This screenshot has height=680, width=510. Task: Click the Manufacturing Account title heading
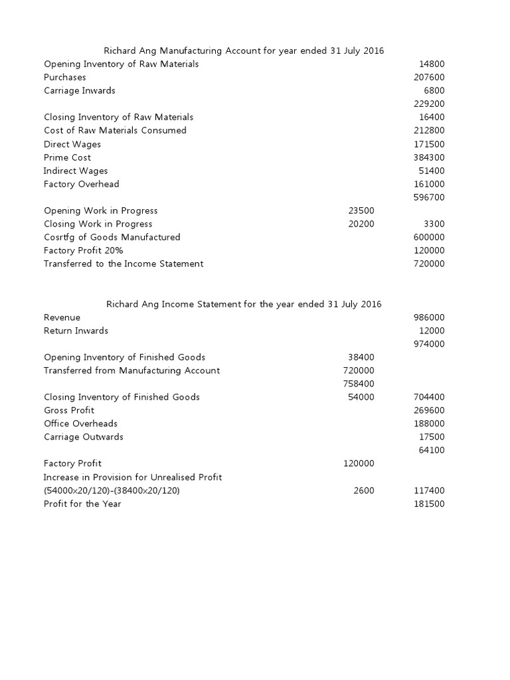click(x=244, y=50)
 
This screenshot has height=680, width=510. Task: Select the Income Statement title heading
click(x=244, y=304)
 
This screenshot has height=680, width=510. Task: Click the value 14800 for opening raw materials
click(x=432, y=64)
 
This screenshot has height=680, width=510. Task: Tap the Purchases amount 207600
click(x=429, y=78)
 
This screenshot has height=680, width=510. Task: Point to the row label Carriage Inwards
click(x=80, y=91)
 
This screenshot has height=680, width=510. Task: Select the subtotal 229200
click(x=429, y=104)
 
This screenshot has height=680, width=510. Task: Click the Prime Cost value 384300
click(x=429, y=158)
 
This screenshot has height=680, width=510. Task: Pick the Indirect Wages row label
click(x=76, y=171)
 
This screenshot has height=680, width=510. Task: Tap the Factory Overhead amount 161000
click(x=429, y=185)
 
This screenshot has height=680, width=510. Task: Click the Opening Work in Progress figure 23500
click(x=361, y=211)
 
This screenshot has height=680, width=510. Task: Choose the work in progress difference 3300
click(x=434, y=224)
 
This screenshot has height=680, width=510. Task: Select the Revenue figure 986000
click(x=429, y=318)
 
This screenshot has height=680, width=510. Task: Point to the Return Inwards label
click(x=76, y=331)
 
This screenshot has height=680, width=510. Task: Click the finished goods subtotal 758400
click(x=359, y=384)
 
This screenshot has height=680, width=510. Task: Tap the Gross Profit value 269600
click(x=429, y=411)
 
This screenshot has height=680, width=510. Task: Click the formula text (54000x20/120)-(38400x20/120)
click(x=112, y=491)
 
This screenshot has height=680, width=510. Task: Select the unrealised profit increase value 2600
click(x=364, y=491)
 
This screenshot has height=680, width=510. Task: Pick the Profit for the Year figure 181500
click(x=429, y=504)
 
